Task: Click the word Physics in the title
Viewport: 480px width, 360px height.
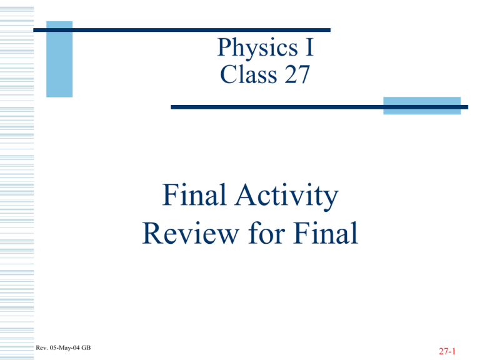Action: coord(257,48)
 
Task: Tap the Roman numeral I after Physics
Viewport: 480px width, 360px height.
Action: coord(309,47)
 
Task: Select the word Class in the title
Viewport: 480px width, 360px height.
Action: coord(248,74)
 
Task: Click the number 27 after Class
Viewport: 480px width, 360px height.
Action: coord(297,74)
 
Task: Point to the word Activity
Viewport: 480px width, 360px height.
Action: coord(286,196)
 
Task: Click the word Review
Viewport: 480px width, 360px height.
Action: coord(191,233)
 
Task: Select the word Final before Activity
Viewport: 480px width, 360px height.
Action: coord(194,194)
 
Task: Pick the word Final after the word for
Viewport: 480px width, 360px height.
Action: coord(326,232)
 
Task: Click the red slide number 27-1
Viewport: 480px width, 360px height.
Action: coord(447,351)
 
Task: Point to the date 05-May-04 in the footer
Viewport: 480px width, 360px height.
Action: coord(64,347)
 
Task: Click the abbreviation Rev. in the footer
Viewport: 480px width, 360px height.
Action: coord(42,347)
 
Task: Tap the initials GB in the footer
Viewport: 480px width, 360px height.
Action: coord(86,347)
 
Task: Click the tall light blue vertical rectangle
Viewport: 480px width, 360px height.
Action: coord(59,59)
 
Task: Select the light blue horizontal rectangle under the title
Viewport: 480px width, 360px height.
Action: coord(422,106)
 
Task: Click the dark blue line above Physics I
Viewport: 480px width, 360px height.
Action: coord(182,30)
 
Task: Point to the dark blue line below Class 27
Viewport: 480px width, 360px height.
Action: coord(319,107)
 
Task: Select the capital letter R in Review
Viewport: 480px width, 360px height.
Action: coord(152,233)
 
